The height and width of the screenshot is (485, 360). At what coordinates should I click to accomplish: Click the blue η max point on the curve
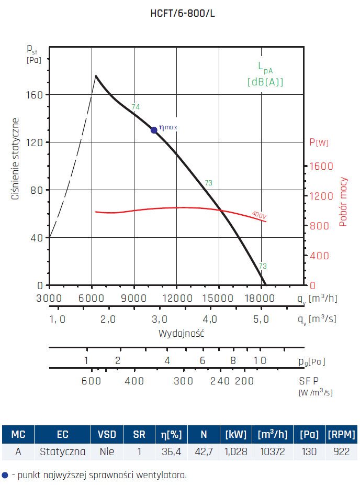pyautogui.click(x=154, y=130)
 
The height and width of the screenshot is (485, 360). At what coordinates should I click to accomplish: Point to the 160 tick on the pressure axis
pyautogui.click(x=36, y=95)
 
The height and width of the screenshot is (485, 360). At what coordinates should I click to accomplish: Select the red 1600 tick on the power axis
pyautogui.click(x=321, y=166)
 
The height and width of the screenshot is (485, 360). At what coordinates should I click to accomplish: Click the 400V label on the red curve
pyautogui.click(x=258, y=214)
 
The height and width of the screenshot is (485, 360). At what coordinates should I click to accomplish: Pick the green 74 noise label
pyautogui.click(x=136, y=107)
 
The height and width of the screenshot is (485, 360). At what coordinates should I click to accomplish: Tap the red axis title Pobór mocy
pyautogui.click(x=343, y=201)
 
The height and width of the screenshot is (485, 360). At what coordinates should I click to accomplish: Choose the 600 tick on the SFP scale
pyautogui.click(x=91, y=381)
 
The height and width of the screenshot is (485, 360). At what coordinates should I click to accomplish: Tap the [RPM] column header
pyautogui.click(x=341, y=434)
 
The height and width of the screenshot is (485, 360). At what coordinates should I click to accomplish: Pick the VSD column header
pyautogui.click(x=107, y=434)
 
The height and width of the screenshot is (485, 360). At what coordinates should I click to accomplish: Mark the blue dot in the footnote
pyautogui.click(x=5, y=475)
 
